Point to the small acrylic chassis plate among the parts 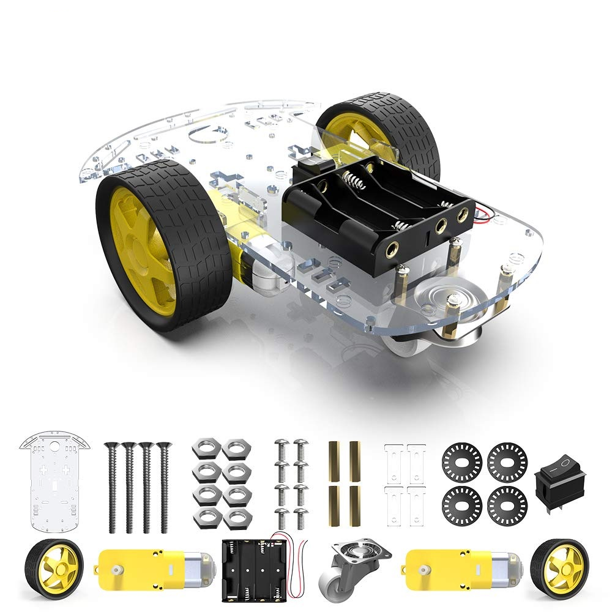(x=54, y=483)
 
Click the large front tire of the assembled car (x=164, y=245)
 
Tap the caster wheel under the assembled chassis (x=428, y=324)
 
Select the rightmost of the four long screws (x=163, y=487)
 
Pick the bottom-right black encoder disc (x=507, y=506)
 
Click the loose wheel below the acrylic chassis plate (x=54, y=568)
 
